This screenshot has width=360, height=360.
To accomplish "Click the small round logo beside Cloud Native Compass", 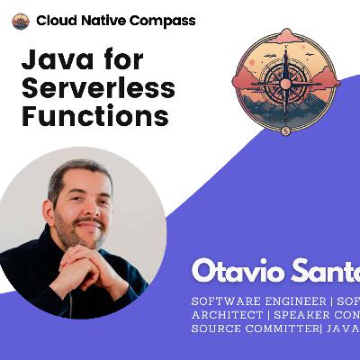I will (21, 21).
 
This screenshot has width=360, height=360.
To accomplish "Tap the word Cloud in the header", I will (56, 21).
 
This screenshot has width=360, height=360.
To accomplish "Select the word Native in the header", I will (101, 21).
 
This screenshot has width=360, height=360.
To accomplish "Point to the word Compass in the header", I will (162, 21).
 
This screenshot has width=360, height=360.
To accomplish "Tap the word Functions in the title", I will (94, 116).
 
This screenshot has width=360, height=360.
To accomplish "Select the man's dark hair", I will (81, 174).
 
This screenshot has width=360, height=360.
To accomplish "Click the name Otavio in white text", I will (237, 271).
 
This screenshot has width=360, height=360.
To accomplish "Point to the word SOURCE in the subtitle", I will (215, 330).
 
